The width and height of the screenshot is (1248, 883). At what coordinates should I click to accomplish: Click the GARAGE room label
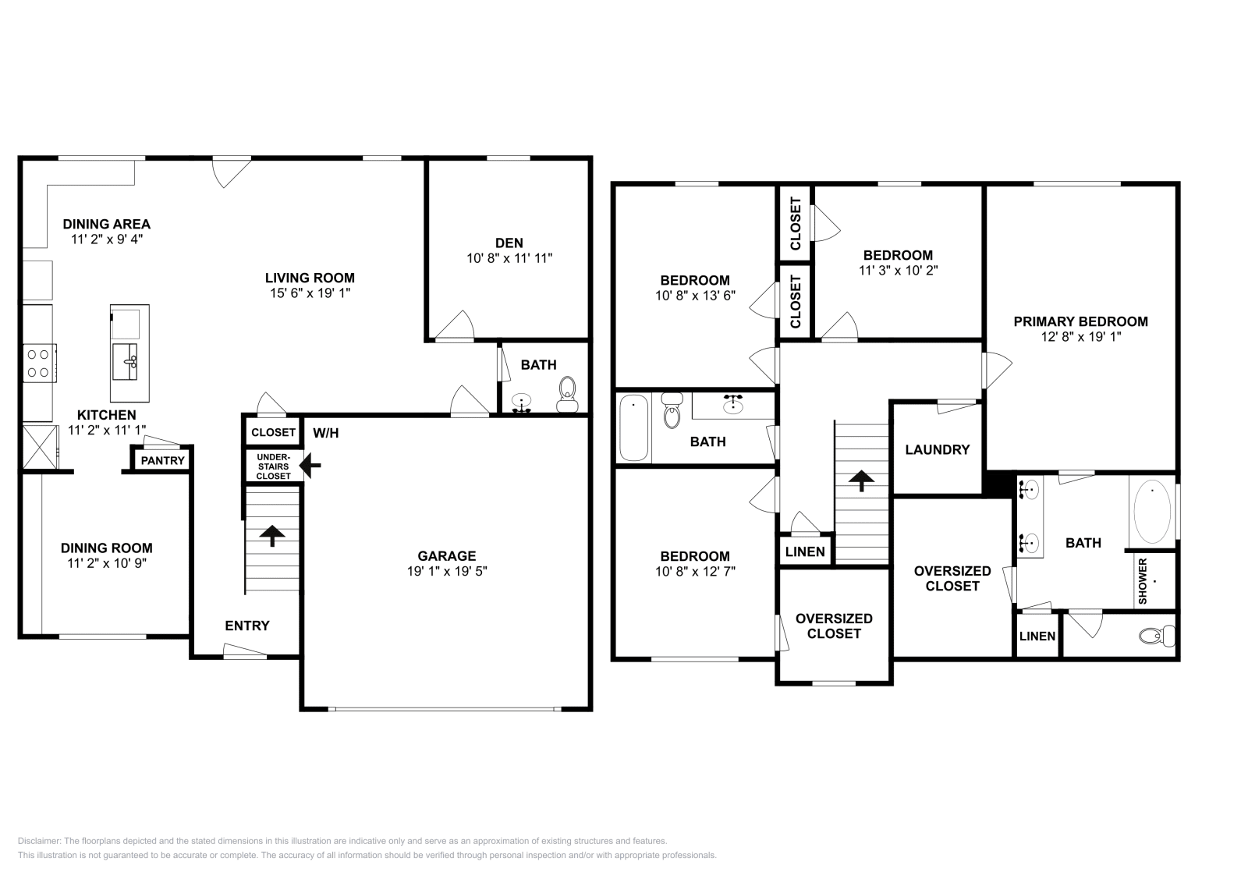[x=446, y=556]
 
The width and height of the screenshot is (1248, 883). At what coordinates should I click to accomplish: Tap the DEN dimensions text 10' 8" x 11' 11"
[x=509, y=258]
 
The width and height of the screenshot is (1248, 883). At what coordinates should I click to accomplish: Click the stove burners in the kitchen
[x=38, y=363]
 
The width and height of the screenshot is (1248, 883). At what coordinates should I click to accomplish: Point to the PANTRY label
[x=163, y=460]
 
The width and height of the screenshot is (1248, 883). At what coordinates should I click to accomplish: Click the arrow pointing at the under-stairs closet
[x=310, y=466]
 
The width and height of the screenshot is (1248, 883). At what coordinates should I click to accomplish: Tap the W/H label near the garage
[x=326, y=433]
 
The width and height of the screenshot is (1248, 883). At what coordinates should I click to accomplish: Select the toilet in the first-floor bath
[x=567, y=392]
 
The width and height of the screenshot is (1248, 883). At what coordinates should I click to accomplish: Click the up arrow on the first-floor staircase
[x=272, y=536]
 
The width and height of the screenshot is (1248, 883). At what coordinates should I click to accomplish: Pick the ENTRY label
[x=247, y=626]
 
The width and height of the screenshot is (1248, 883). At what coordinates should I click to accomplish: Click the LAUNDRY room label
[x=937, y=449]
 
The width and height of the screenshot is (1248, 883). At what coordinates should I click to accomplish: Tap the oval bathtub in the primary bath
[x=1151, y=512]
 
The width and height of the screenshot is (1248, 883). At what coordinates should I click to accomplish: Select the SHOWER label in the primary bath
[x=1143, y=581]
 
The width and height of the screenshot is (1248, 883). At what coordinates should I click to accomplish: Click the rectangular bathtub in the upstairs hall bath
[x=633, y=428]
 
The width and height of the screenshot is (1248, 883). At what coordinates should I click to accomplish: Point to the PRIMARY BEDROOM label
[x=1080, y=321]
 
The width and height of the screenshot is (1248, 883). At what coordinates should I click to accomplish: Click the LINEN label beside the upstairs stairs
[x=805, y=552]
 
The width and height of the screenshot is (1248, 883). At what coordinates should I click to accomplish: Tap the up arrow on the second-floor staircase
[x=861, y=480]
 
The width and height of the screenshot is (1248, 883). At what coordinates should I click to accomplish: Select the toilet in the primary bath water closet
[x=1158, y=636]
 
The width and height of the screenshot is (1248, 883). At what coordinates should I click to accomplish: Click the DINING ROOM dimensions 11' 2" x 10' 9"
[x=107, y=562]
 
